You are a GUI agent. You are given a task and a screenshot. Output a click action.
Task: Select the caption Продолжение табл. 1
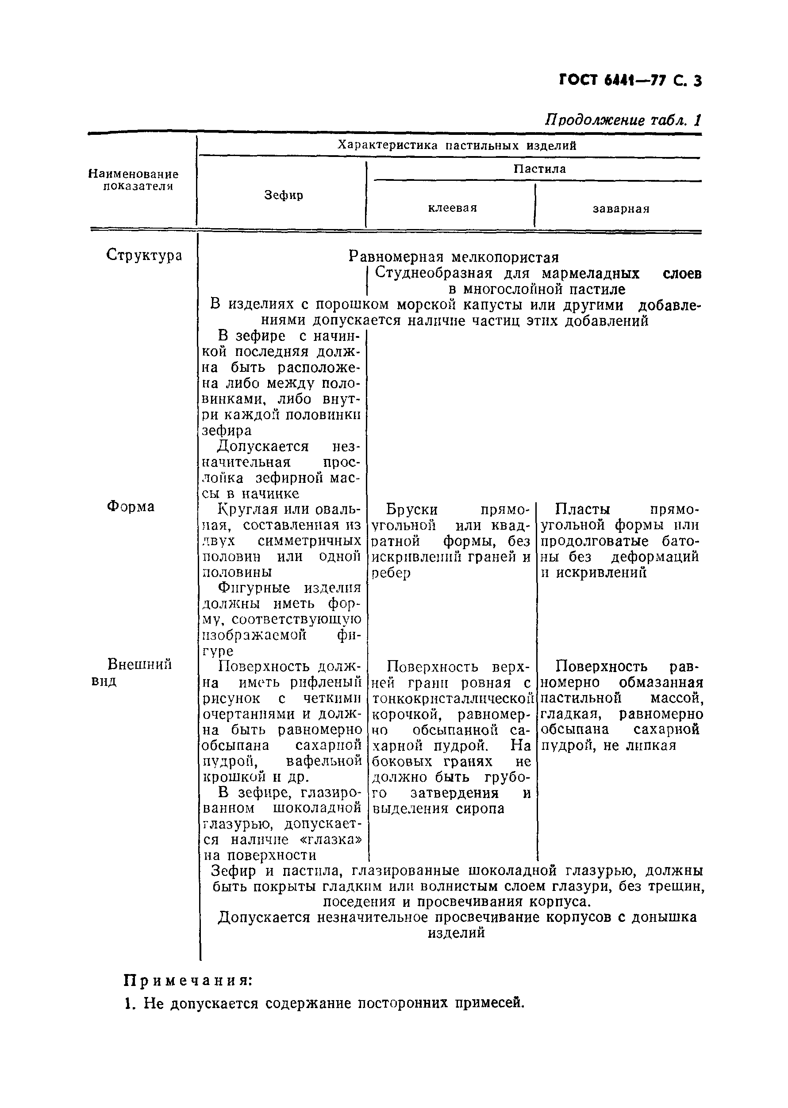click(x=623, y=120)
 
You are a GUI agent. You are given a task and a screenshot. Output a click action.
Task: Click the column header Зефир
click(x=284, y=195)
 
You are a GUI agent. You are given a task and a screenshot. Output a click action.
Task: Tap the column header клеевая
click(x=452, y=208)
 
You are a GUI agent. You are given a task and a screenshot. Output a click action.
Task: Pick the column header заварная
click(x=621, y=209)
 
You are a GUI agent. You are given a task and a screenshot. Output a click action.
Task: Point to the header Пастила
click(x=540, y=169)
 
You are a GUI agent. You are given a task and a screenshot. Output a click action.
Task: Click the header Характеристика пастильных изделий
click(x=457, y=145)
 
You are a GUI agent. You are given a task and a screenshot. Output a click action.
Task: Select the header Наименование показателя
click(x=134, y=180)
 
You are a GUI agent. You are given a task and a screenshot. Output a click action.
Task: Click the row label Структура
click(x=144, y=255)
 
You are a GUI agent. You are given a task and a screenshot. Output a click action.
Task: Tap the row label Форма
click(x=131, y=507)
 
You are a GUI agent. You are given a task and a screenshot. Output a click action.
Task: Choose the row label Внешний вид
click(x=139, y=672)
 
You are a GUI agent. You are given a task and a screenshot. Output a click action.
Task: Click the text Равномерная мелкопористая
click(x=454, y=256)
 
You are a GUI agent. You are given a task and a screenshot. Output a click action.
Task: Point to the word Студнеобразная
click(x=434, y=274)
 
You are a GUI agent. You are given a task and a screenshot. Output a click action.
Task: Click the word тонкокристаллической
click(x=453, y=698)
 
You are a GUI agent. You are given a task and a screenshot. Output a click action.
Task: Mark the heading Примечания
click(x=188, y=980)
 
